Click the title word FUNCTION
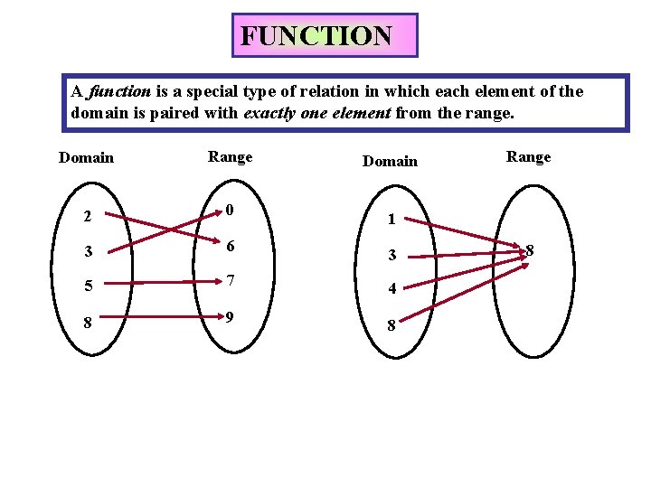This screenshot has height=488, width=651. tap(316, 36)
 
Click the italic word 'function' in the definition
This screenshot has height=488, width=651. tap(118, 91)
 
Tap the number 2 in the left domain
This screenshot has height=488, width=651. tap(86, 216)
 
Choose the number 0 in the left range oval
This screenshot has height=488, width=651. tap(231, 211)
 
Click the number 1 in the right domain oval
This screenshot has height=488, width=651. tap(391, 219)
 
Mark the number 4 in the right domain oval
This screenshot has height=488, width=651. tap(391, 290)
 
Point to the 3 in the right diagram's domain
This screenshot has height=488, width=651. tap(391, 256)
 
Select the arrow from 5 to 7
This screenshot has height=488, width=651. tap(159, 282)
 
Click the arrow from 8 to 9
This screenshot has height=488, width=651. tap(159, 317)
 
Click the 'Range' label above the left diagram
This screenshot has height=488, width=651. tap(231, 157)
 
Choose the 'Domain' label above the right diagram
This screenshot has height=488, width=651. tap(390, 161)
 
